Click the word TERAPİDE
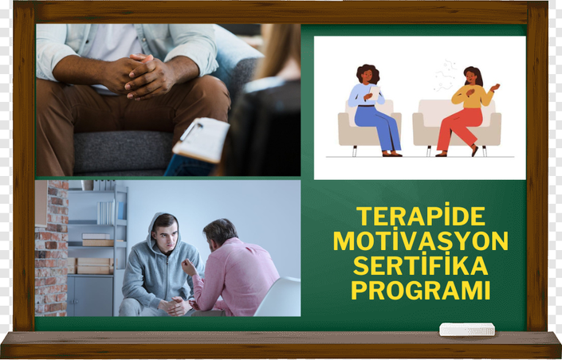[421, 216]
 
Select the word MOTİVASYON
[421, 241]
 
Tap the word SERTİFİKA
[421, 265]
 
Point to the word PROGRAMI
[421, 290]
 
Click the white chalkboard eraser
[467, 329]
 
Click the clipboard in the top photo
[202, 139]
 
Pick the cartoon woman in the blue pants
[374, 111]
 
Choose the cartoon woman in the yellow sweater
[468, 111]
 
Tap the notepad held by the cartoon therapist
[375, 92]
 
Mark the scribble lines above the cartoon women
[446, 76]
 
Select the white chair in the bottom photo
[278, 297]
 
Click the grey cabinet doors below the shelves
[90, 295]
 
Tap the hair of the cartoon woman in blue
[367, 73]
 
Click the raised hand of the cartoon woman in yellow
[495, 87]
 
